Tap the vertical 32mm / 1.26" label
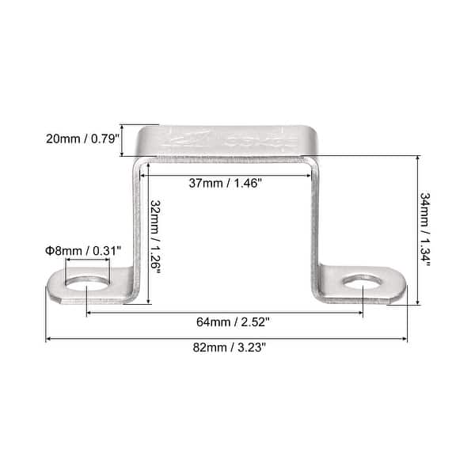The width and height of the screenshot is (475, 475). pos(155,236)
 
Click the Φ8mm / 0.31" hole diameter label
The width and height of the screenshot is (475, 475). pos(82,251)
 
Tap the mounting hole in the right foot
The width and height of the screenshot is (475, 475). pos(363,280)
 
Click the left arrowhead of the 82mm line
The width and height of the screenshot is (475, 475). pos(48,340)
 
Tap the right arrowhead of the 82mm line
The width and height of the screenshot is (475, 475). pos(405,340)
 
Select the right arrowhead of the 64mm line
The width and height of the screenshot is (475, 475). pos(361,313)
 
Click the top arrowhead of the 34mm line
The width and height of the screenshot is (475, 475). pos(416,159)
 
